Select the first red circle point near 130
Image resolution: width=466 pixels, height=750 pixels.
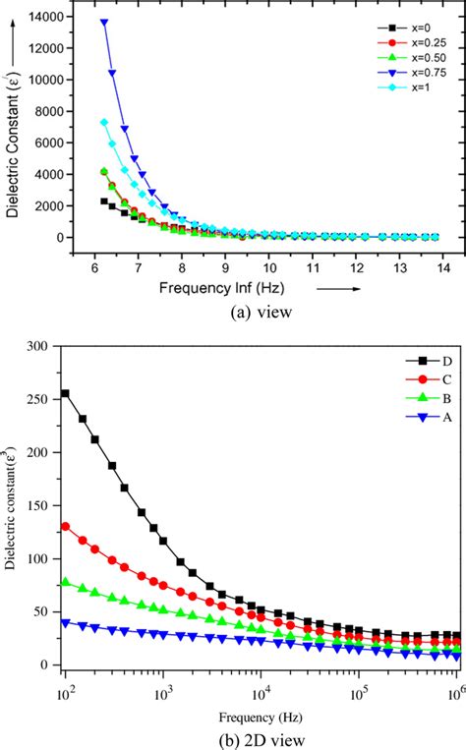tap(93, 526)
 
